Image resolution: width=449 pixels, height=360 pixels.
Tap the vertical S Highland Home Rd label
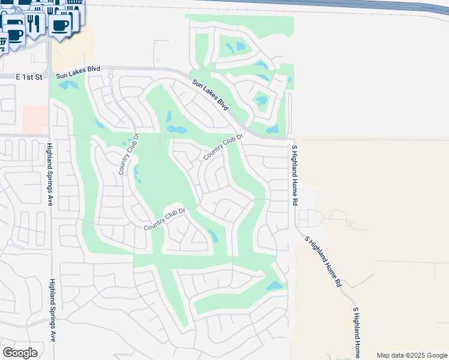294,176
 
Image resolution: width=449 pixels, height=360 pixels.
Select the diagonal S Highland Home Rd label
323,261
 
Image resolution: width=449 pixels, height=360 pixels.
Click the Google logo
20,353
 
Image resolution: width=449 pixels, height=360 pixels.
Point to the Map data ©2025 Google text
412,355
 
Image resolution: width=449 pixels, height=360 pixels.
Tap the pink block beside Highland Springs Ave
35,119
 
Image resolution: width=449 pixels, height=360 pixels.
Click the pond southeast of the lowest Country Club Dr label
212,236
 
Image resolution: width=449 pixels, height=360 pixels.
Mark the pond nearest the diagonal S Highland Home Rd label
274,286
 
